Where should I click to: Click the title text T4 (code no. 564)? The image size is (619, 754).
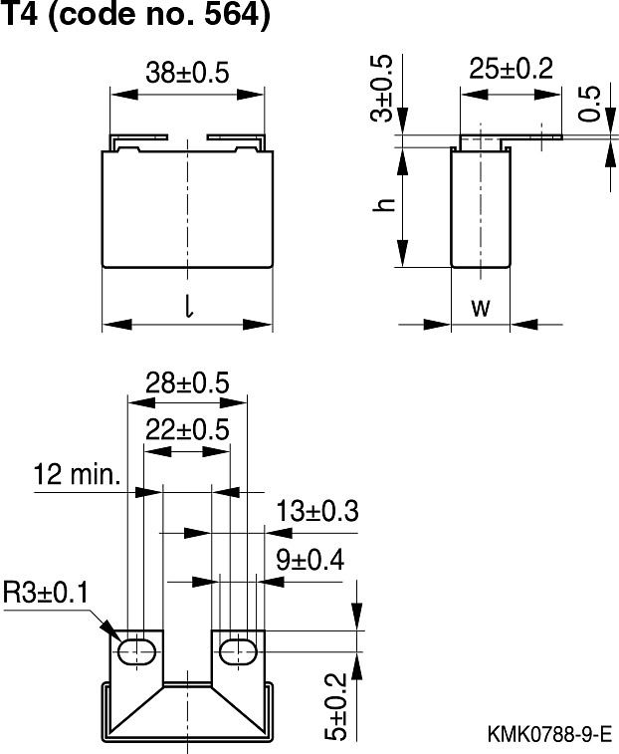pyautogui.click(x=135, y=16)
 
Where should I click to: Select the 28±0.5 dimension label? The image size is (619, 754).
pyautogui.click(x=187, y=381)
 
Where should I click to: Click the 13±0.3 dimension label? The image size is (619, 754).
pyautogui.click(x=316, y=511)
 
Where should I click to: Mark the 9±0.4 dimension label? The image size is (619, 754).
pyautogui.click(x=309, y=560)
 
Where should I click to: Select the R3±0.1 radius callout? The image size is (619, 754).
pyautogui.click(x=46, y=594)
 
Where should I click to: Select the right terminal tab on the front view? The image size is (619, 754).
pyautogui.click(x=237, y=141)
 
